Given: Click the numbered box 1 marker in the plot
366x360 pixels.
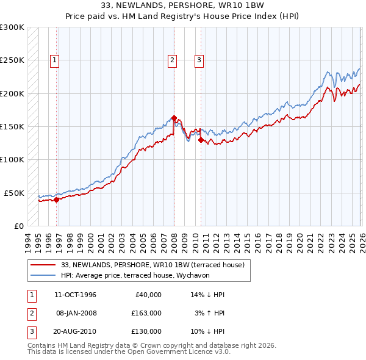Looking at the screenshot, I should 55,60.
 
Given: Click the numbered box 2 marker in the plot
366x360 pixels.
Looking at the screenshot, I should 173,60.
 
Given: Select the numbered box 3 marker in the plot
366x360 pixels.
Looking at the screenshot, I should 199,60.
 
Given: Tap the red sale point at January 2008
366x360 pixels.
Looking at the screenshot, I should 174,118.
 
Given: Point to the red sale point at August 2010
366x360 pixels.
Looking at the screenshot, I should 201,140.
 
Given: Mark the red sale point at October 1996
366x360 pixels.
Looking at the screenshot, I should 56,199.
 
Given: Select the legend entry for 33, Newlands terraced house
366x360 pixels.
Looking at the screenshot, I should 152,265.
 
